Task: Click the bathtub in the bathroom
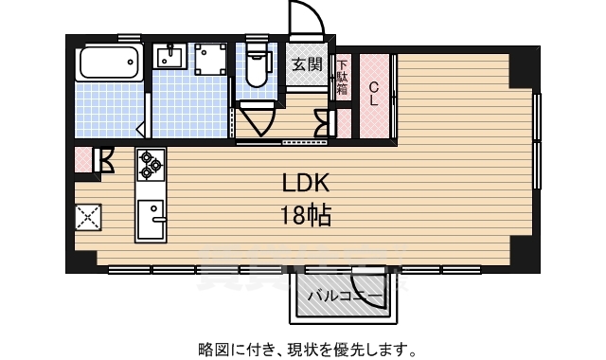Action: click(x=109, y=62)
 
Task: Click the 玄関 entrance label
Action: click(x=306, y=65)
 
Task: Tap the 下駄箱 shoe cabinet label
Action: click(x=342, y=76)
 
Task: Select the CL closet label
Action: click(x=375, y=93)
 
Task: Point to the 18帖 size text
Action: click(x=304, y=216)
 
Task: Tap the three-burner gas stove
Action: click(x=150, y=166)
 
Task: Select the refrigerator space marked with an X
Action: click(x=88, y=219)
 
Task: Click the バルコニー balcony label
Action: click(x=345, y=297)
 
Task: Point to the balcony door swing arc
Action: click(x=365, y=283)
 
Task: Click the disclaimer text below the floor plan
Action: click(x=305, y=348)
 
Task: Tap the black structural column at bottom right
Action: click(x=522, y=252)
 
